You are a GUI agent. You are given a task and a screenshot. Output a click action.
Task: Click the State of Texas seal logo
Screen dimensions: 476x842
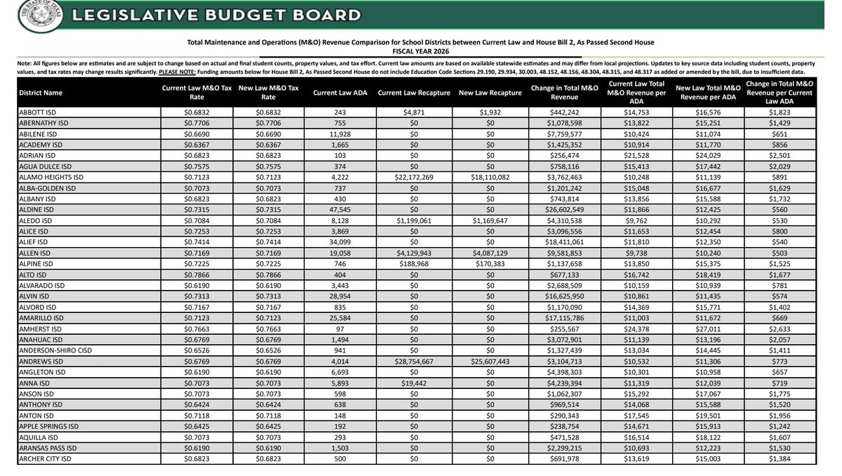[x=35, y=15]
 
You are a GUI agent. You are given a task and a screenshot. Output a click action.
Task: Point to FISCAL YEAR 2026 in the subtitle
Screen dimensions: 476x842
[x=421, y=52]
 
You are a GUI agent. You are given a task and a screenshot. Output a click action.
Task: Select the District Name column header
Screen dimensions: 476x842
[x=43, y=93]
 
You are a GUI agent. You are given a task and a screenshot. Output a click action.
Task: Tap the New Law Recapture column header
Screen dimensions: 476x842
[x=490, y=93]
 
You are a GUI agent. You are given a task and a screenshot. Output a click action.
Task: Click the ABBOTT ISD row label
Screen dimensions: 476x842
[x=40, y=112]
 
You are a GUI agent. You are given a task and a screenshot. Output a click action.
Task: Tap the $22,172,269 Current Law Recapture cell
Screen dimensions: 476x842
[x=413, y=178]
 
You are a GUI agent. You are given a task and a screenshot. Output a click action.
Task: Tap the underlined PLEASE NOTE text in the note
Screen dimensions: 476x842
[x=178, y=72]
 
